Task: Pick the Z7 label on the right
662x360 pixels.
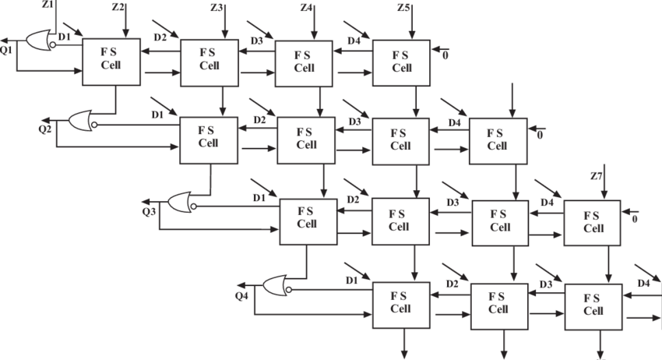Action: click(597, 177)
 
